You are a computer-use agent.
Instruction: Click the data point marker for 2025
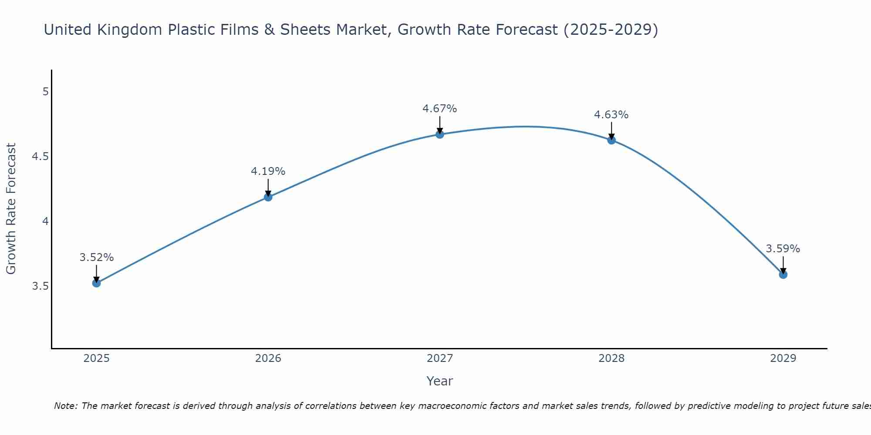pos(97,283)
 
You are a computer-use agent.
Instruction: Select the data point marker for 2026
pos(268,197)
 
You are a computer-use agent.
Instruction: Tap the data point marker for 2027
pos(440,134)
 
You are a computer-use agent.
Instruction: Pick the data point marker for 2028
pos(611,140)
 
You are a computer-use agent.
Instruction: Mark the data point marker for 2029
pos(783,274)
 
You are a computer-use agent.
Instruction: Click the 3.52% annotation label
pos(97,258)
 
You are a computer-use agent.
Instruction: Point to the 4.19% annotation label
pos(268,171)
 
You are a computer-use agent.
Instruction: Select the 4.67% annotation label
pos(440,109)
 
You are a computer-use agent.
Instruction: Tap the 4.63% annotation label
pos(611,115)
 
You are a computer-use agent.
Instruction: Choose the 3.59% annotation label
pos(783,249)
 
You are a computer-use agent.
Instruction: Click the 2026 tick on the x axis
pos(268,358)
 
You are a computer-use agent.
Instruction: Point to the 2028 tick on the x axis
pos(611,358)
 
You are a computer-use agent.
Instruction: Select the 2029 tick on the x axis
pos(783,358)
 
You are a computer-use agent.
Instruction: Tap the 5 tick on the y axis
pos(45,92)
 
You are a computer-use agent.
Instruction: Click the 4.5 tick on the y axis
pos(41,157)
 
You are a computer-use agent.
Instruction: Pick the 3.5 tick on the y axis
pos(41,286)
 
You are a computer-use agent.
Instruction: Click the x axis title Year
pos(440,381)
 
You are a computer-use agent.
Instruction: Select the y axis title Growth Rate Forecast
pos(11,209)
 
